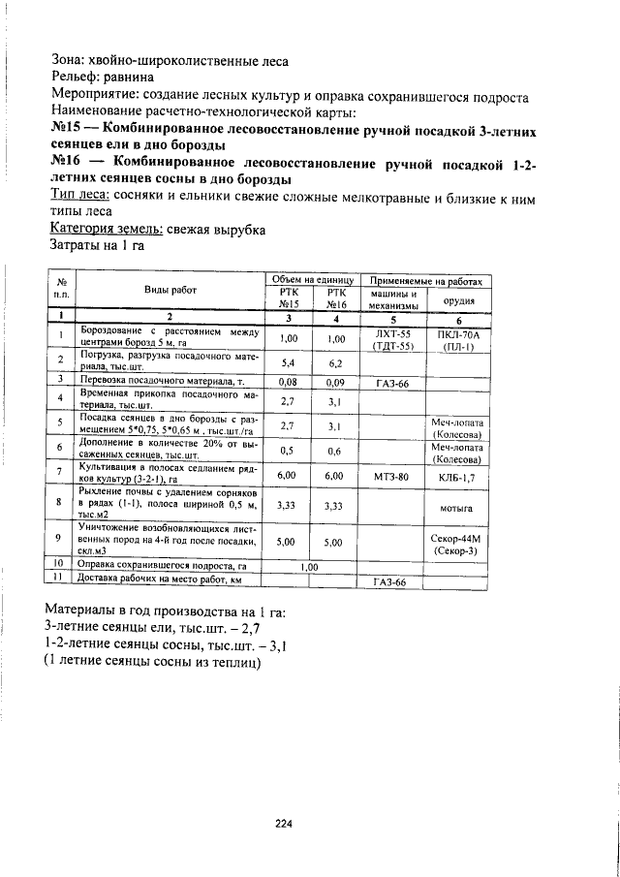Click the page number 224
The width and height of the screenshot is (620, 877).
(283, 825)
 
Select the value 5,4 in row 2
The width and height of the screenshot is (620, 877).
(288, 362)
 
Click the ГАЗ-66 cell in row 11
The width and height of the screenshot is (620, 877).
(391, 582)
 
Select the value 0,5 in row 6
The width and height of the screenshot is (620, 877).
(288, 451)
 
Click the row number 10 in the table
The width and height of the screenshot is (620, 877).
(59, 565)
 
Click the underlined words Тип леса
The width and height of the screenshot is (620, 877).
(78, 195)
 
